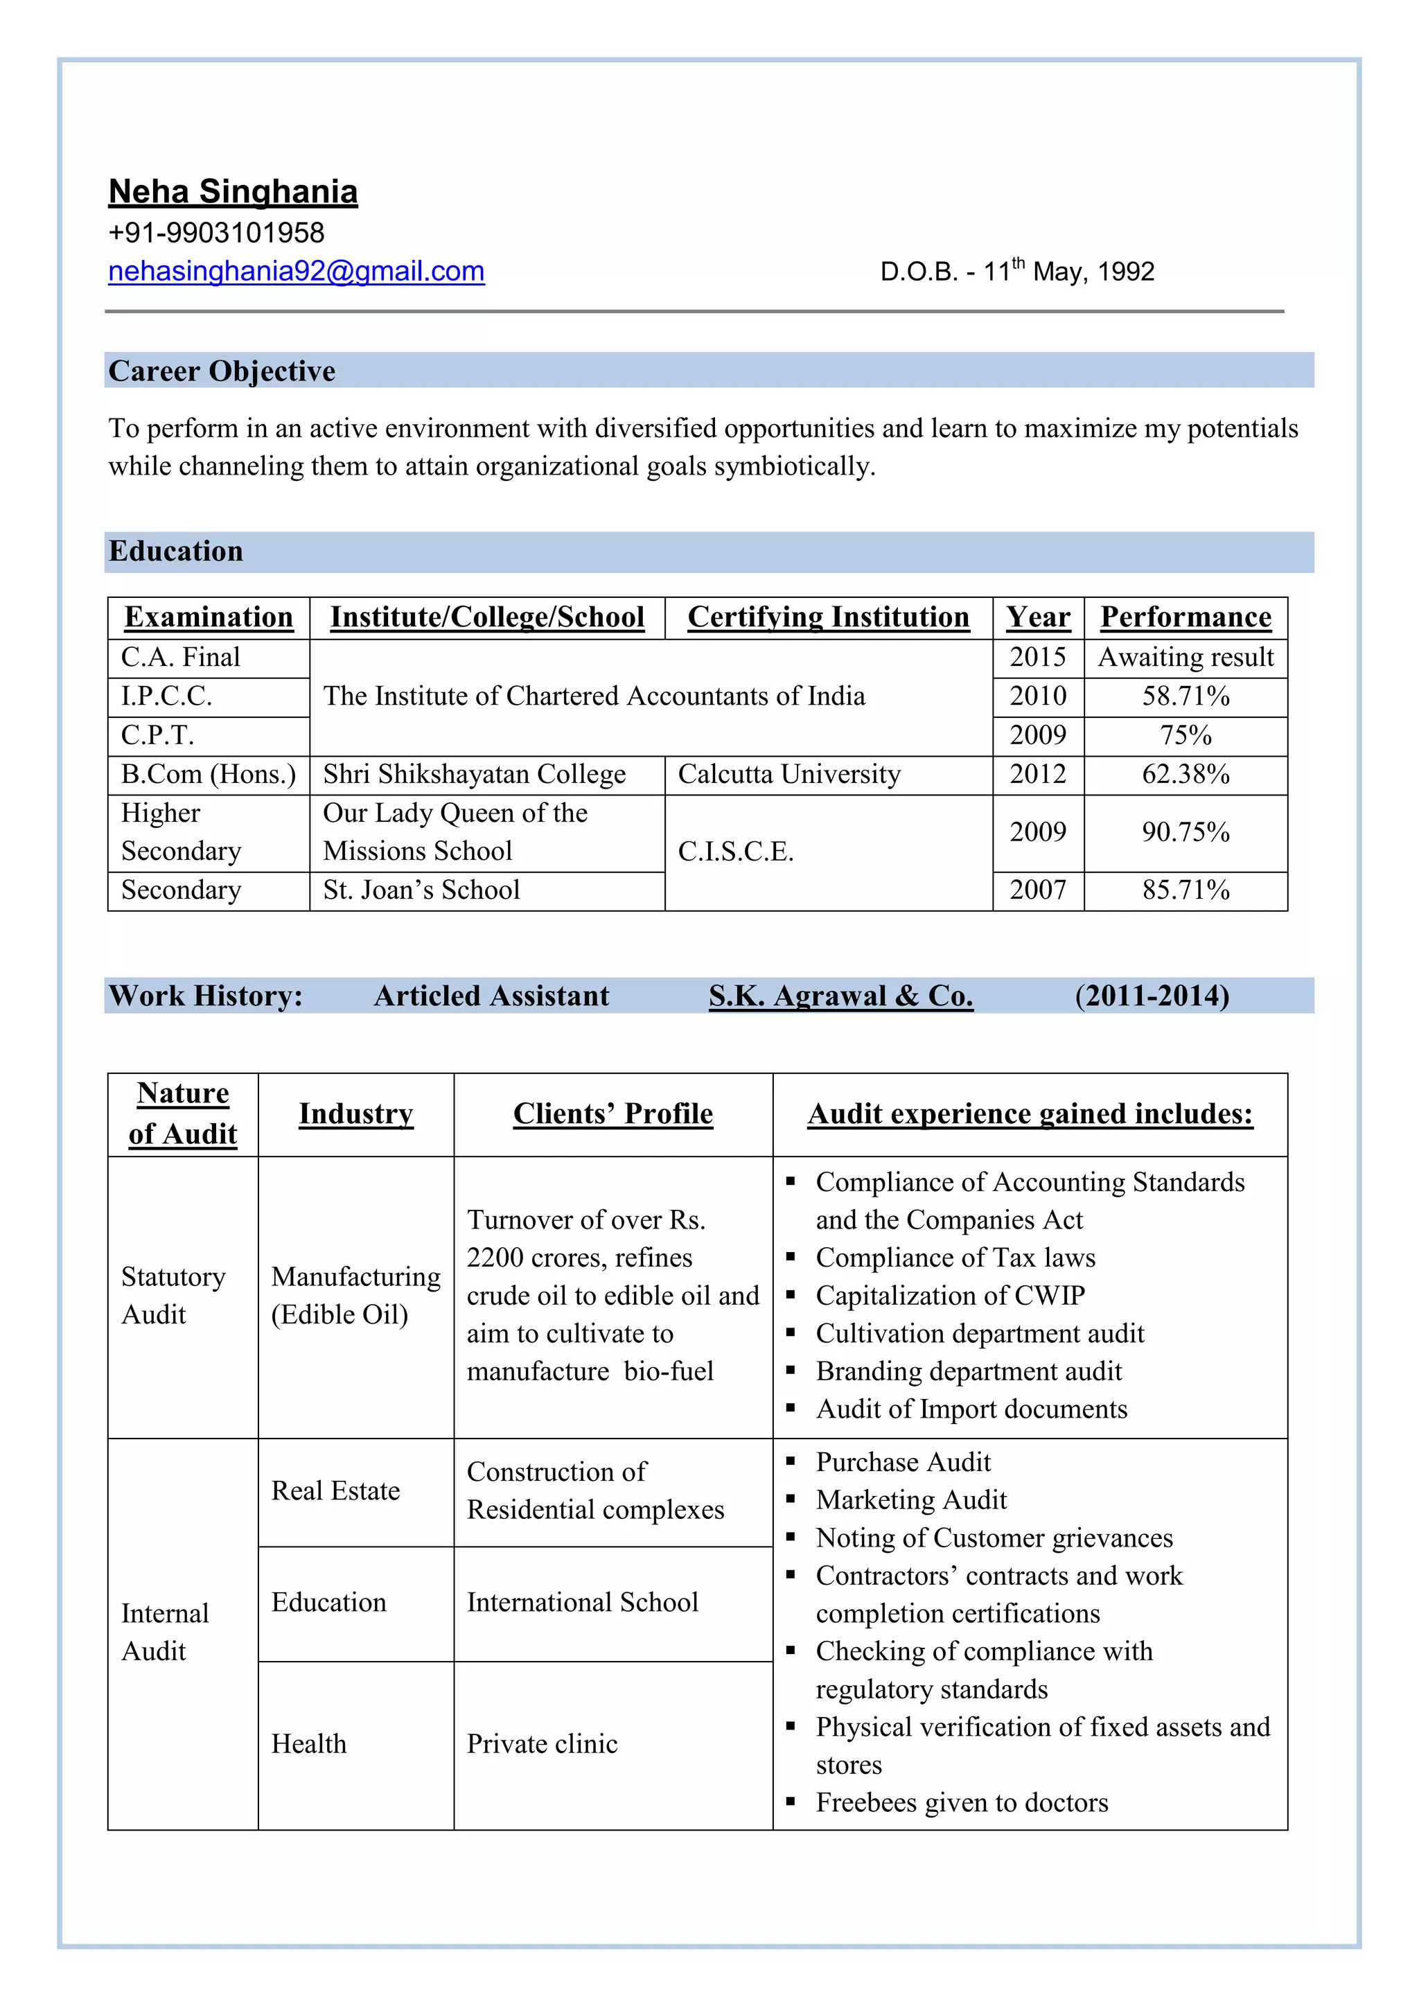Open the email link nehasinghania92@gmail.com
coord(297,272)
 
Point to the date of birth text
coord(1016,272)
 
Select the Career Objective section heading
coord(222,371)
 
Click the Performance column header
coord(1185,617)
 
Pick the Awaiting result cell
coord(1185,657)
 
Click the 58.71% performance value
coord(1185,696)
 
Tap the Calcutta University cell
coord(789,775)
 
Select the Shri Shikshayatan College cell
coord(475,775)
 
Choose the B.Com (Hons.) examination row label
coord(208,775)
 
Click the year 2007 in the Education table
coord(1037,890)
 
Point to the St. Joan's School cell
coord(421,890)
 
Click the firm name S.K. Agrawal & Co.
coord(840,996)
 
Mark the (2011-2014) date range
coord(1152,996)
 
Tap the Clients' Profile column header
coord(612,1114)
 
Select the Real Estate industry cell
coord(335,1490)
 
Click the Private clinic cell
coord(542,1744)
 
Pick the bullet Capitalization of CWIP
coord(950,1296)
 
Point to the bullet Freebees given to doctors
coord(961,1802)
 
